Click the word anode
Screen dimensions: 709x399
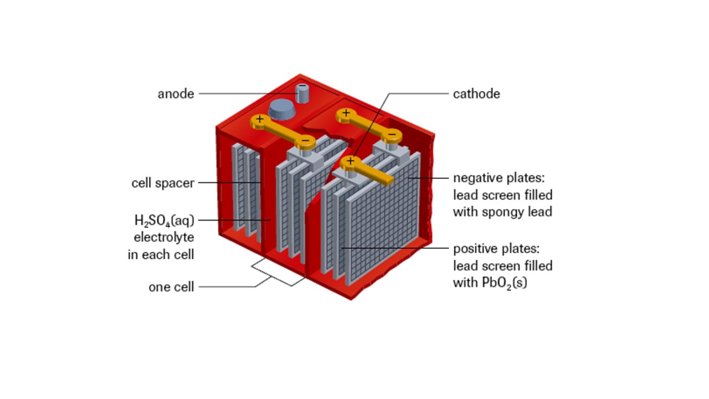click(176, 94)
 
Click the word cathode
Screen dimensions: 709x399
click(476, 94)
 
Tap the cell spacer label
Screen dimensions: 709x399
click(163, 183)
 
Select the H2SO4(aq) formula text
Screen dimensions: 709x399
click(164, 221)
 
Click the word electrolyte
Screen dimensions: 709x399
click(164, 237)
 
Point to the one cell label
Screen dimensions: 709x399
click(171, 287)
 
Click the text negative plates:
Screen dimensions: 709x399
click(499, 178)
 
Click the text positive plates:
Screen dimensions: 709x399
click(496, 249)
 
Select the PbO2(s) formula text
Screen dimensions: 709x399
click(504, 283)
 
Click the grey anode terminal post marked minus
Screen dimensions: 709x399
click(302, 93)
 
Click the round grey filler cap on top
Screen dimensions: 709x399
click(282, 109)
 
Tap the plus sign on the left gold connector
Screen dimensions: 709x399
click(260, 119)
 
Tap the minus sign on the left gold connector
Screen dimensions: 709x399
click(305, 140)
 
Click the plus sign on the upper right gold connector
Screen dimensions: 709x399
click(346, 112)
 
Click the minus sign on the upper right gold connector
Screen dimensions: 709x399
click(392, 134)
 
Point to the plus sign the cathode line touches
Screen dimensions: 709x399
click(350, 161)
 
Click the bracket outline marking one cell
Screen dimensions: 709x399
click(279, 272)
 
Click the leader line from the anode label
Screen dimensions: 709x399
click(247, 94)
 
